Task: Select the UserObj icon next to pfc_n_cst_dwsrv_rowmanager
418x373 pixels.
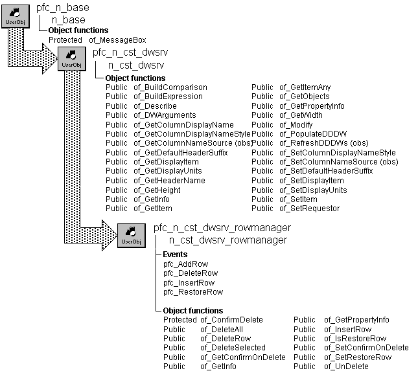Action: pyautogui.click(x=132, y=234)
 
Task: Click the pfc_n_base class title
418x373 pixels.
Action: pyautogui.click(x=63, y=8)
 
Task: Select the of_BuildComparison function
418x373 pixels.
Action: pyautogui.click(x=170, y=87)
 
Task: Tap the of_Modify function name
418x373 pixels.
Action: pyautogui.click(x=296, y=125)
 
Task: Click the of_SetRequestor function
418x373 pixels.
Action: pyautogui.click(x=309, y=209)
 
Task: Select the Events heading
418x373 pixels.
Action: pyautogui.click(x=175, y=254)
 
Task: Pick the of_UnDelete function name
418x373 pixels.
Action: pyautogui.click(x=346, y=367)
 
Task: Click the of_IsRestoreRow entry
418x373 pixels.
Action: pyautogui.click(x=355, y=339)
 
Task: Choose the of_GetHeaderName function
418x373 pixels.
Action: pyautogui.click(x=169, y=181)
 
